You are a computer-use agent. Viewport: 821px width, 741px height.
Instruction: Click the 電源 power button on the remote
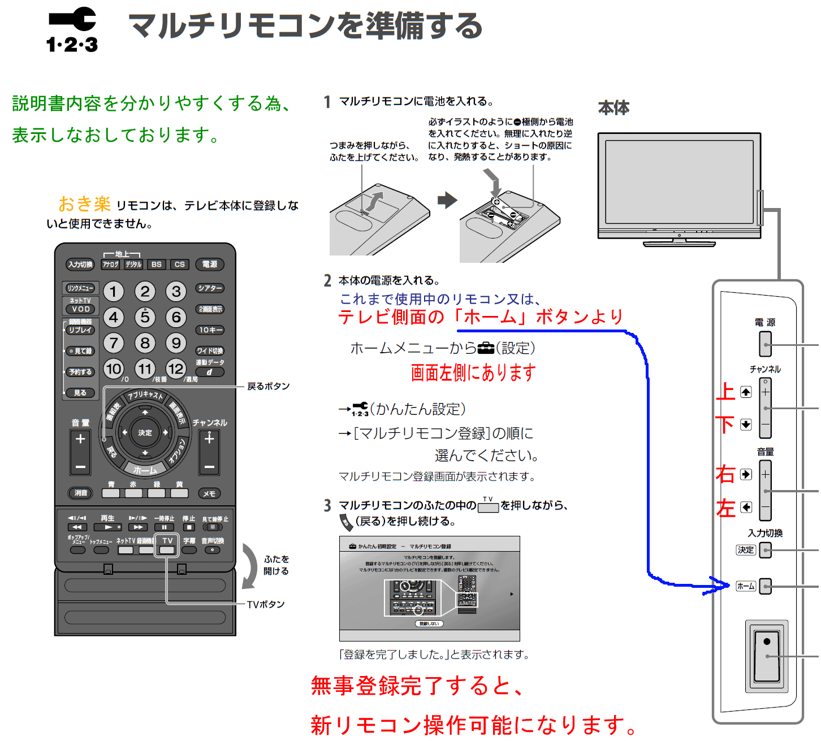pos(209,264)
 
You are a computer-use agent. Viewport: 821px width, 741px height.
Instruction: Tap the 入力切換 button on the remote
pos(80,264)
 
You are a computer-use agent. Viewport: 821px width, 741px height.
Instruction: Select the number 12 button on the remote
pos(176,369)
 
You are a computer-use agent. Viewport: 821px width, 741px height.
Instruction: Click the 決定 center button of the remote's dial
pos(145,432)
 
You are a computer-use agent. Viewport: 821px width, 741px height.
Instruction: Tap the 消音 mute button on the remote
pos(81,493)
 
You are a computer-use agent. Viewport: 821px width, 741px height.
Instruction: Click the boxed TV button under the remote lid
pos(167,545)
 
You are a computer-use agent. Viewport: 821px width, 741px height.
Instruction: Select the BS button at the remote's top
pos(156,264)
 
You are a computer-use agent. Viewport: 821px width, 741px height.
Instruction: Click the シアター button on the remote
pos(210,288)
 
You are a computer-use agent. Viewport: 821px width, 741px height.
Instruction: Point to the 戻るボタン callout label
pos(268,386)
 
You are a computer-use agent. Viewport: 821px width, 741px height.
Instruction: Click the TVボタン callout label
pos(265,604)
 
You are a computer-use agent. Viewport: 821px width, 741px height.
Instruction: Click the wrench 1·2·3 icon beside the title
pos(72,30)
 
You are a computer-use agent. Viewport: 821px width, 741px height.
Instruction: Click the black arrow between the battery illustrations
pos(447,200)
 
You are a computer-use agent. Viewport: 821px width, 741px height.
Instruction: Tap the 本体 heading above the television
pos(613,108)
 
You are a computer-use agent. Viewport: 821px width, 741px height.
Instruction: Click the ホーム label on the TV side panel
pos(745,586)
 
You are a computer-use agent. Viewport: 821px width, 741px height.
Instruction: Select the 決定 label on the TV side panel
pos(745,549)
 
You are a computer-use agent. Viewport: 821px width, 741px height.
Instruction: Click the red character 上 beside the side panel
pos(725,392)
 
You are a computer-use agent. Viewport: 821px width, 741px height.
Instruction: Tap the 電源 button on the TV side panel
pos(765,343)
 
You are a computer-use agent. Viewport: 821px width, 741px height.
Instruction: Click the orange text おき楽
pos(85,203)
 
